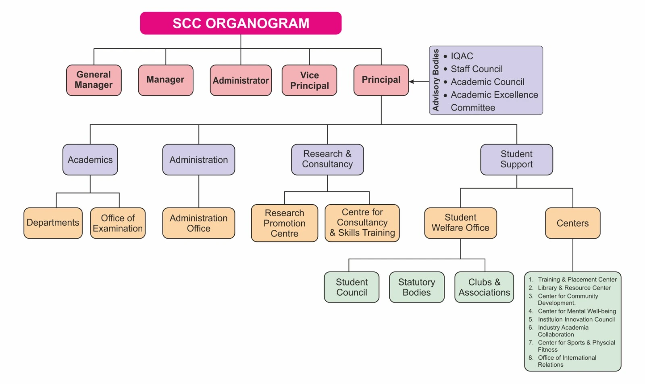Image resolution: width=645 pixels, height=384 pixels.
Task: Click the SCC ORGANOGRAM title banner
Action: coord(241,23)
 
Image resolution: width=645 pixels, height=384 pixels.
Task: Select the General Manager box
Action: coord(94,80)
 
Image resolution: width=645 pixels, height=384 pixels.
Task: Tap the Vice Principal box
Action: coord(309,80)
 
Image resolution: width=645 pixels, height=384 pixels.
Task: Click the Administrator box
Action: coord(241,80)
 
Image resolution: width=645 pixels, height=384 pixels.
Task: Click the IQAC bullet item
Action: coord(462,56)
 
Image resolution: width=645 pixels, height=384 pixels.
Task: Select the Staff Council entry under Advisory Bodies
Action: coord(476,69)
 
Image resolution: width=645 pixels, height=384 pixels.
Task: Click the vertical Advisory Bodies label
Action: coord(436,80)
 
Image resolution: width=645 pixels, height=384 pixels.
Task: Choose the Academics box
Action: coord(90,160)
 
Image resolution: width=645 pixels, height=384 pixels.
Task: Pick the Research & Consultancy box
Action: coord(327,159)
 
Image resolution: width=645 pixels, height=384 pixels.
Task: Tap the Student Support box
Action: coord(516,159)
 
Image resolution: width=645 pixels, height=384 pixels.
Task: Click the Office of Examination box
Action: coord(118,223)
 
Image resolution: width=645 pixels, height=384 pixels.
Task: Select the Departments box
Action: coord(53,223)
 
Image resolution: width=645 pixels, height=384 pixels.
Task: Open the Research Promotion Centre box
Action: coord(284,223)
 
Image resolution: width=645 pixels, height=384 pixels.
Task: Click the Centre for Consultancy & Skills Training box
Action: coord(362,223)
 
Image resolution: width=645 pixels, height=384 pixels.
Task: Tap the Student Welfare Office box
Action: coord(460,223)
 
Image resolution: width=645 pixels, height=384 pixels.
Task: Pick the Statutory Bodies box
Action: coord(416,287)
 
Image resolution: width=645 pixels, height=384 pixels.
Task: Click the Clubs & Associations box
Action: coord(484,287)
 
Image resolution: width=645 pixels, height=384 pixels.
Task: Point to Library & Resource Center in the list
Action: coord(574,288)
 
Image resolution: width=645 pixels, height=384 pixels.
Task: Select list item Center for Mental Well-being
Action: coord(576,311)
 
